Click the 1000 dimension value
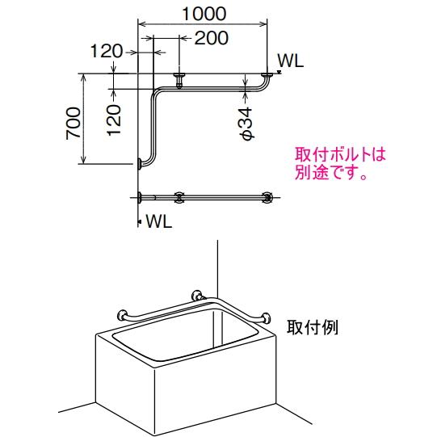(x=204, y=14)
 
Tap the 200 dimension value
(x=212, y=38)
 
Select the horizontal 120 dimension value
(x=106, y=51)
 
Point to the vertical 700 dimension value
(x=74, y=124)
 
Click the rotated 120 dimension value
(x=115, y=120)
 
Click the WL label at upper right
(x=291, y=61)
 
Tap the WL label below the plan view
(x=159, y=222)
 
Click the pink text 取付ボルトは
(x=341, y=154)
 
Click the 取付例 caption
(x=313, y=327)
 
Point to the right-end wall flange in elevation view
(x=267, y=75)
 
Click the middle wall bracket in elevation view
(x=179, y=80)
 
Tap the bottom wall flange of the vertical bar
(x=140, y=164)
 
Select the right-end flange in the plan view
(x=267, y=198)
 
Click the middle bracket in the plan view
(x=179, y=198)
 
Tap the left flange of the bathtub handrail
(x=123, y=316)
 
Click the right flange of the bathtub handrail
(x=266, y=318)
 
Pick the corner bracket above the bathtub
(x=197, y=296)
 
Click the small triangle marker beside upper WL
(x=279, y=72)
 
